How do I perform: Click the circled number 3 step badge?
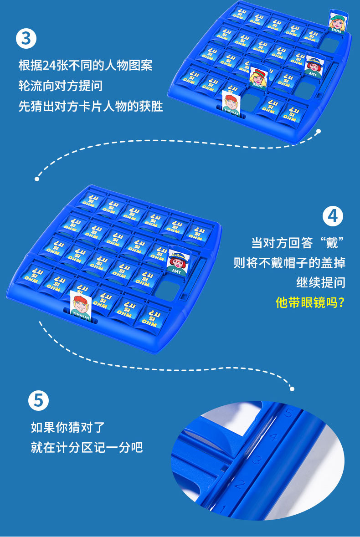pyautogui.click(x=26, y=38)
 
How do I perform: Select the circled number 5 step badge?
pyautogui.click(x=38, y=400)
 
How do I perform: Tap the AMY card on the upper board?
pyautogui.click(x=313, y=66)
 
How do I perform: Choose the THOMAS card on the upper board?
pyautogui.click(x=231, y=103)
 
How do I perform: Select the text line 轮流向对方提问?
pyautogui.click(x=61, y=86)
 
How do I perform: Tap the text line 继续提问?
pyautogui.click(x=321, y=282)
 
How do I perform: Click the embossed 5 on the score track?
pyautogui.click(x=288, y=414)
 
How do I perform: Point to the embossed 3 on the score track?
pyautogui.click(x=257, y=460)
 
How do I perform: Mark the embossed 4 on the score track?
pyautogui.click(x=273, y=437)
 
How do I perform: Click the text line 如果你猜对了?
pyautogui.click(x=68, y=427)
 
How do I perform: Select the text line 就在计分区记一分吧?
pyautogui.click(x=87, y=447)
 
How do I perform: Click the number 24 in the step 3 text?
pyautogui.click(x=49, y=65)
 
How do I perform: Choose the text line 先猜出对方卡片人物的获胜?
pyautogui.click(x=91, y=106)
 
